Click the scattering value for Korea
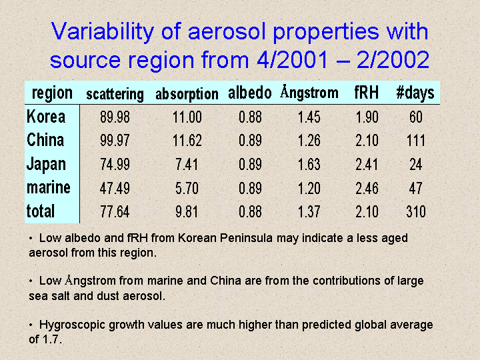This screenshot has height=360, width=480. click(x=115, y=117)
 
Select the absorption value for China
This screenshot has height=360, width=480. click(x=187, y=141)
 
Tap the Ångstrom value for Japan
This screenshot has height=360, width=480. click(x=309, y=165)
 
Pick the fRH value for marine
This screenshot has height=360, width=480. click(x=367, y=188)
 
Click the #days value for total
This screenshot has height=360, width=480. click(x=416, y=211)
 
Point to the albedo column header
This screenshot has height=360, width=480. click(x=250, y=93)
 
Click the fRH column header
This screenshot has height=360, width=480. click(x=367, y=92)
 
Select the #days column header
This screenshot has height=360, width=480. click(x=415, y=93)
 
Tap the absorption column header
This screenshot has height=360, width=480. click(x=187, y=94)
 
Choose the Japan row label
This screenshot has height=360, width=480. click(x=46, y=165)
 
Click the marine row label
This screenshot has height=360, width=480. click(x=49, y=187)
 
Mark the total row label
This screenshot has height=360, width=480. click(x=41, y=211)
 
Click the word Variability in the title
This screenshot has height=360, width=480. click(x=102, y=31)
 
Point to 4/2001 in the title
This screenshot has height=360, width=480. click(x=293, y=59)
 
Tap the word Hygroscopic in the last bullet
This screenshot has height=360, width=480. click(x=72, y=325)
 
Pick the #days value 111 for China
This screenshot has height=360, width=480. click(x=416, y=141)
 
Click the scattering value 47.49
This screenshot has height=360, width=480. click(x=115, y=188)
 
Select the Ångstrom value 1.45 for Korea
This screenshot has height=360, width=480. click(x=309, y=117)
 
